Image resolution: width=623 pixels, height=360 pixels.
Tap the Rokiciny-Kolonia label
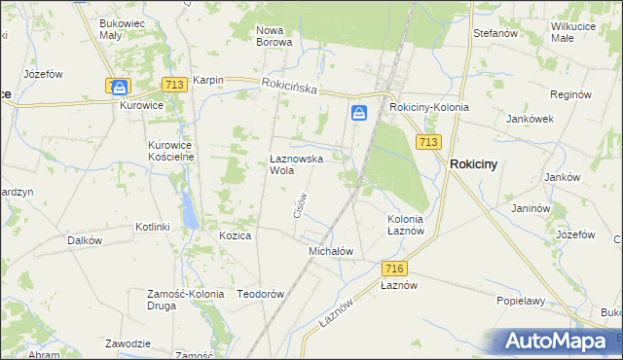click(428, 107)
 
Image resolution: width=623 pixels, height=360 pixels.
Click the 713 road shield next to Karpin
click(175, 86)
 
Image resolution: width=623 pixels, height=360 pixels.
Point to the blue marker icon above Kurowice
click(119, 87)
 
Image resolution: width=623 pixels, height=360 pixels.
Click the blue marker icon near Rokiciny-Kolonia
click(359, 114)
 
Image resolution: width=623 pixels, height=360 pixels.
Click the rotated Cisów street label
click(300, 203)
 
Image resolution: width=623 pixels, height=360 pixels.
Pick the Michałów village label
click(330, 250)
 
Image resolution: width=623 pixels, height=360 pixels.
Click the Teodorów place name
click(260, 294)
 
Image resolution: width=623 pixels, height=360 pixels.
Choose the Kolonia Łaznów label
click(405, 225)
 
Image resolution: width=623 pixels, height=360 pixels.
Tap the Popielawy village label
click(520, 301)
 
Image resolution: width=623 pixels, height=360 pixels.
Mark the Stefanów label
click(494, 33)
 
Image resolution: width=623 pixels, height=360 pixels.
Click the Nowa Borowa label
click(274, 36)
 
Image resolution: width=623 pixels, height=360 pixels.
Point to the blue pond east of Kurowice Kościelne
click(186, 206)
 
